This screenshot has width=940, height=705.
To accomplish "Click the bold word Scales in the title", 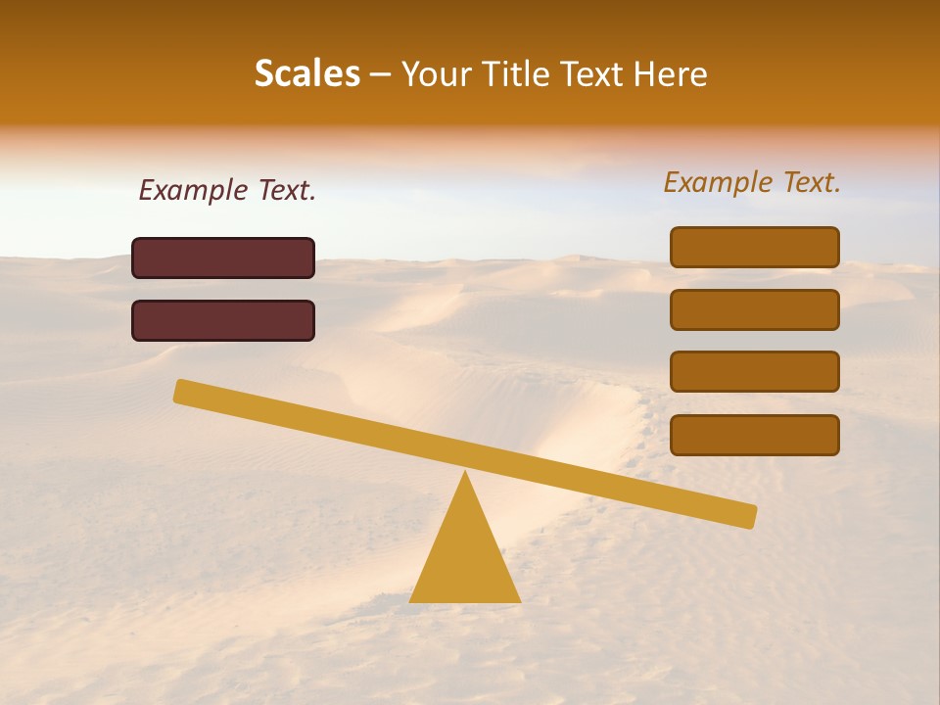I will [x=306, y=73].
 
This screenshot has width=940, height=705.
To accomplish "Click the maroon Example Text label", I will [x=227, y=190].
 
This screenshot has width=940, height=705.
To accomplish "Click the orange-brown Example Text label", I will [x=752, y=182].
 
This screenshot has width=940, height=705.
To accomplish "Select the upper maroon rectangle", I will [x=223, y=258].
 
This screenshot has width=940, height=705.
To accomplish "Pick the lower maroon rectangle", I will [x=223, y=320].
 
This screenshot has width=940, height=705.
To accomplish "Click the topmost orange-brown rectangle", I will [x=755, y=247].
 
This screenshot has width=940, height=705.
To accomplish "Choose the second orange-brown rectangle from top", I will [x=755, y=309].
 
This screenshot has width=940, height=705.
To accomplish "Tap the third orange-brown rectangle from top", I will [x=755, y=372].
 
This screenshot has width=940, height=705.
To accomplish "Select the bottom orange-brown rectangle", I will [x=755, y=435].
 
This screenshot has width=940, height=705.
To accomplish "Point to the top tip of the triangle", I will [x=465, y=474].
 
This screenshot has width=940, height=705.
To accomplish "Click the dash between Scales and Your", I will [x=381, y=75].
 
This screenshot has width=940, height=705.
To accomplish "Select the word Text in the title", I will [x=583, y=73].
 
